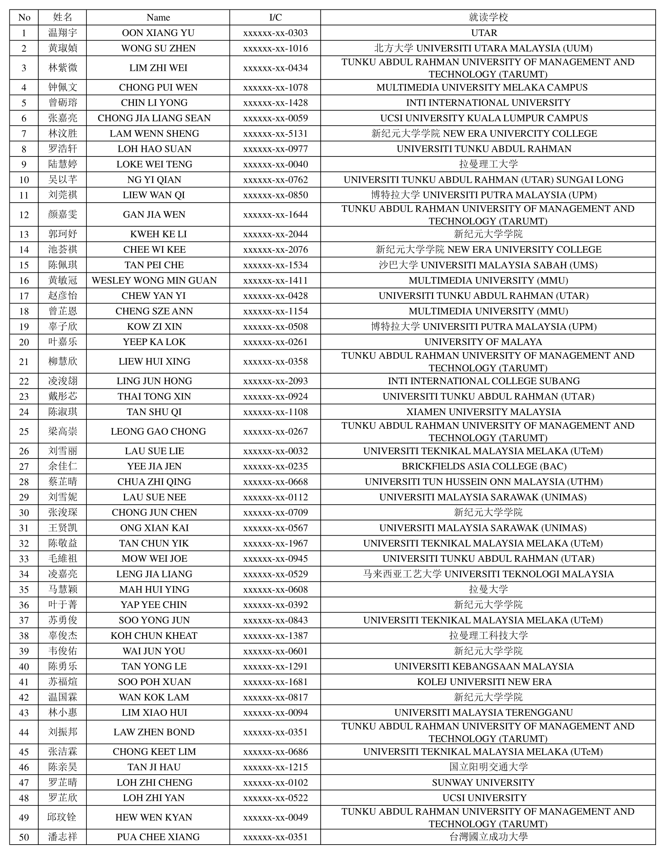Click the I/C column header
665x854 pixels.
point(275,17)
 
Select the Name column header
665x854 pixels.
point(158,17)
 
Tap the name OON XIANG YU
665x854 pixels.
point(158,33)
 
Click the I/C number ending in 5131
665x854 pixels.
point(275,133)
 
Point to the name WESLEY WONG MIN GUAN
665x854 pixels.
point(154,280)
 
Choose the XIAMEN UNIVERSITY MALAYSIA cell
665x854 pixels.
point(483,412)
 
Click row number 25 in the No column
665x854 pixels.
point(24,431)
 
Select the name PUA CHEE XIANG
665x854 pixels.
point(158,837)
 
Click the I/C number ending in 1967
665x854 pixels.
point(275,543)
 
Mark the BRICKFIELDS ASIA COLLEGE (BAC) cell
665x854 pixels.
point(484,466)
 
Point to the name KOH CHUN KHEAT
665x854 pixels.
point(154,636)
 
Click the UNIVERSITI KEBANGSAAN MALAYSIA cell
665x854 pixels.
point(484,666)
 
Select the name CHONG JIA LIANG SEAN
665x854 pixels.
point(154,118)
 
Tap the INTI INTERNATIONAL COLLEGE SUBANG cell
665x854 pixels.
point(483,381)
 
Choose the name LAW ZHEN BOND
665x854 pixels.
point(154,732)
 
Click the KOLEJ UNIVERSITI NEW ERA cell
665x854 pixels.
point(484,682)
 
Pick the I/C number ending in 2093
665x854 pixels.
point(275,381)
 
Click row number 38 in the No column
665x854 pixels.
point(24,636)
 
